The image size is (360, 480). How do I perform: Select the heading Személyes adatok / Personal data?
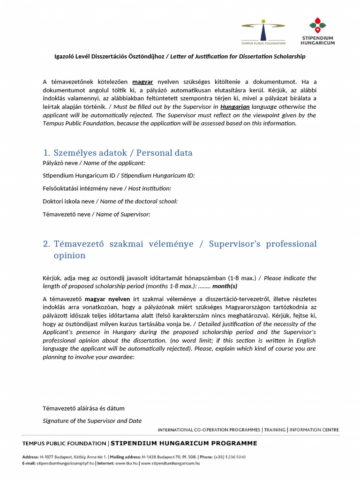(x=118, y=153)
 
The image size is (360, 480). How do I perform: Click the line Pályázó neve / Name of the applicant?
(x=94, y=163)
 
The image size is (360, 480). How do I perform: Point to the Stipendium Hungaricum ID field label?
(x=119, y=175)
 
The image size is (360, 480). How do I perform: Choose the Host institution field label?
(x=107, y=188)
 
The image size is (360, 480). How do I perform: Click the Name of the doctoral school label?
(x=110, y=201)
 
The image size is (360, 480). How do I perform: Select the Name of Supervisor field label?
(x=97, y=214)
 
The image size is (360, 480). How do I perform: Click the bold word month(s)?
(x=225, y=286)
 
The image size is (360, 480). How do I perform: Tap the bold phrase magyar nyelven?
(x=104, y=299)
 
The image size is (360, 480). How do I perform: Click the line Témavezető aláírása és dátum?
(x=83, y=408)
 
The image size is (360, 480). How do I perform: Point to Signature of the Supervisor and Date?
(x=92, y=420)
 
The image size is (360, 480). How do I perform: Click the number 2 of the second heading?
(x=46, y=244)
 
